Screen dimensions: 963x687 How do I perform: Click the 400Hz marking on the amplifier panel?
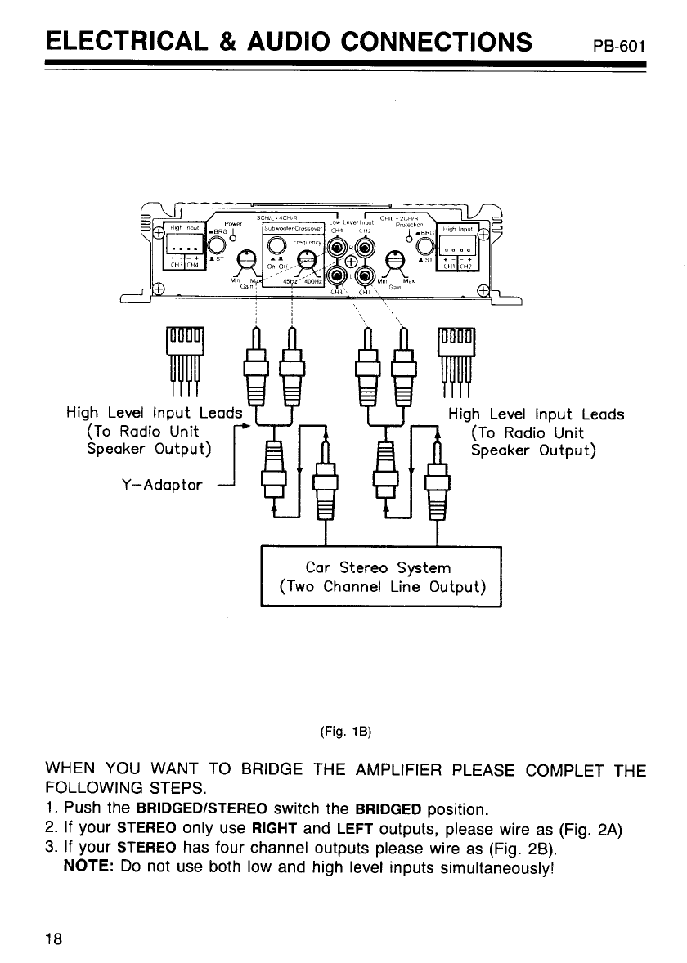312,284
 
